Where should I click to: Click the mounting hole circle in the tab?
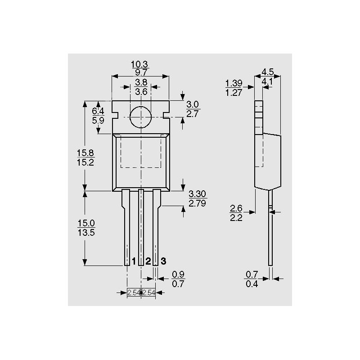point(141,117)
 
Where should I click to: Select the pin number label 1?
point(134,261)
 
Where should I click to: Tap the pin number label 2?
point(148,261)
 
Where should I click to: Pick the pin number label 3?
point(163,261)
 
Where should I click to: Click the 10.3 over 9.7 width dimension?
point(140,68)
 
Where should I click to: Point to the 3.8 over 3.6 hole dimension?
point(141,87)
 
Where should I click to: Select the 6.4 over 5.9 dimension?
point(98,116)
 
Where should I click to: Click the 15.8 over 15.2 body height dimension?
point(85,158)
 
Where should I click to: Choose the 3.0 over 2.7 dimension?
point(193,109)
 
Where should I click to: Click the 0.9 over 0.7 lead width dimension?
point(178,279)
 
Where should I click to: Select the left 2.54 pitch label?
point(134,292)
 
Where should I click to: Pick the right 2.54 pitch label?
point(148,292)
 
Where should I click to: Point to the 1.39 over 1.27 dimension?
point(234,88)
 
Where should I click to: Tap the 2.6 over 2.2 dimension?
point(236,213)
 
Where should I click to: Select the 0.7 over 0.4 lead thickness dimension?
point(252,279)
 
